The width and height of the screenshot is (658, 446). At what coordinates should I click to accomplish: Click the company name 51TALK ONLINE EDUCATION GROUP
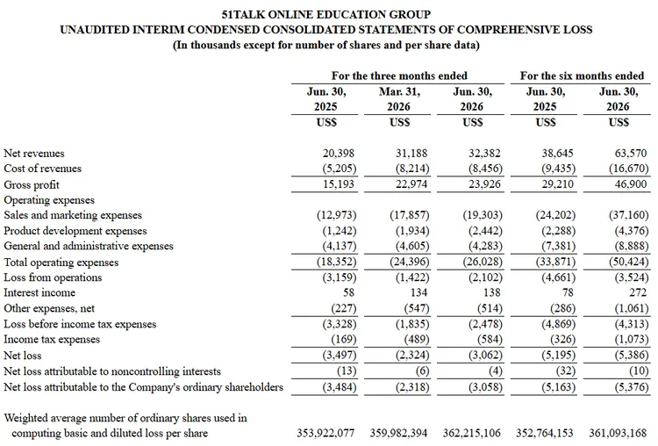click(x=326, y=15)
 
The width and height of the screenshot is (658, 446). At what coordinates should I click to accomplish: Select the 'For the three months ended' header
click(x=399, y=76)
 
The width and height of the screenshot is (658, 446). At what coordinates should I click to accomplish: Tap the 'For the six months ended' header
click(x=582, y=76)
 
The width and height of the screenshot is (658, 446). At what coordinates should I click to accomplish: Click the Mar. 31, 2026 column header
click(x=399, y=99)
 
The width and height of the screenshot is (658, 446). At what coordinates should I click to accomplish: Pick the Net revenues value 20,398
click(x=339, y=154)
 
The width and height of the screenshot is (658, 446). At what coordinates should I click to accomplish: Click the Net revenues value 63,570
click(x=631, y=154)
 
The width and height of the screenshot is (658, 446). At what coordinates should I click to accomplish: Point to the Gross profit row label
click(x=32, y=184)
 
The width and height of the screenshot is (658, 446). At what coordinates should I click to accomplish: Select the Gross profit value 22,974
click(x=411, y=184)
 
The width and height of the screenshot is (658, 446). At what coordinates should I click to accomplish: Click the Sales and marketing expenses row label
click(x=73, y=215)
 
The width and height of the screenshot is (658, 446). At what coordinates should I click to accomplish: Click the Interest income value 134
click(x=418, y=292)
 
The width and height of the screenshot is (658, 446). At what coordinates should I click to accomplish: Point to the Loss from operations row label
click(x=53, y=277)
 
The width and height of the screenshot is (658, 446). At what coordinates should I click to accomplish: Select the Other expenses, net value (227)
click(x=344, y=308)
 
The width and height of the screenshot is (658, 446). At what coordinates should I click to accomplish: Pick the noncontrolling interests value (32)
click(x=562, y=370)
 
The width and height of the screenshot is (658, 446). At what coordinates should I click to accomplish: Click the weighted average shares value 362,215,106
click(x=472, y=433)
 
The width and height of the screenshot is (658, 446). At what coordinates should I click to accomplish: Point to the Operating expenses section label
click(x=49, y=200)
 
